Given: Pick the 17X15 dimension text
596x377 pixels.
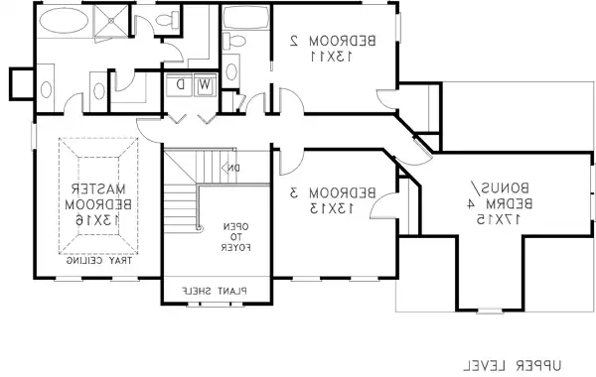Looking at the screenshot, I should [x=489, y=218].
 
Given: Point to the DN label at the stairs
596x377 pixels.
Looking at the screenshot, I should [x=230, y=168].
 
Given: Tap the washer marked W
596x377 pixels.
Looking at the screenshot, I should [x=205, y=84].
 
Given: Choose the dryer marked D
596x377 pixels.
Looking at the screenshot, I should [x=180, y=84].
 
